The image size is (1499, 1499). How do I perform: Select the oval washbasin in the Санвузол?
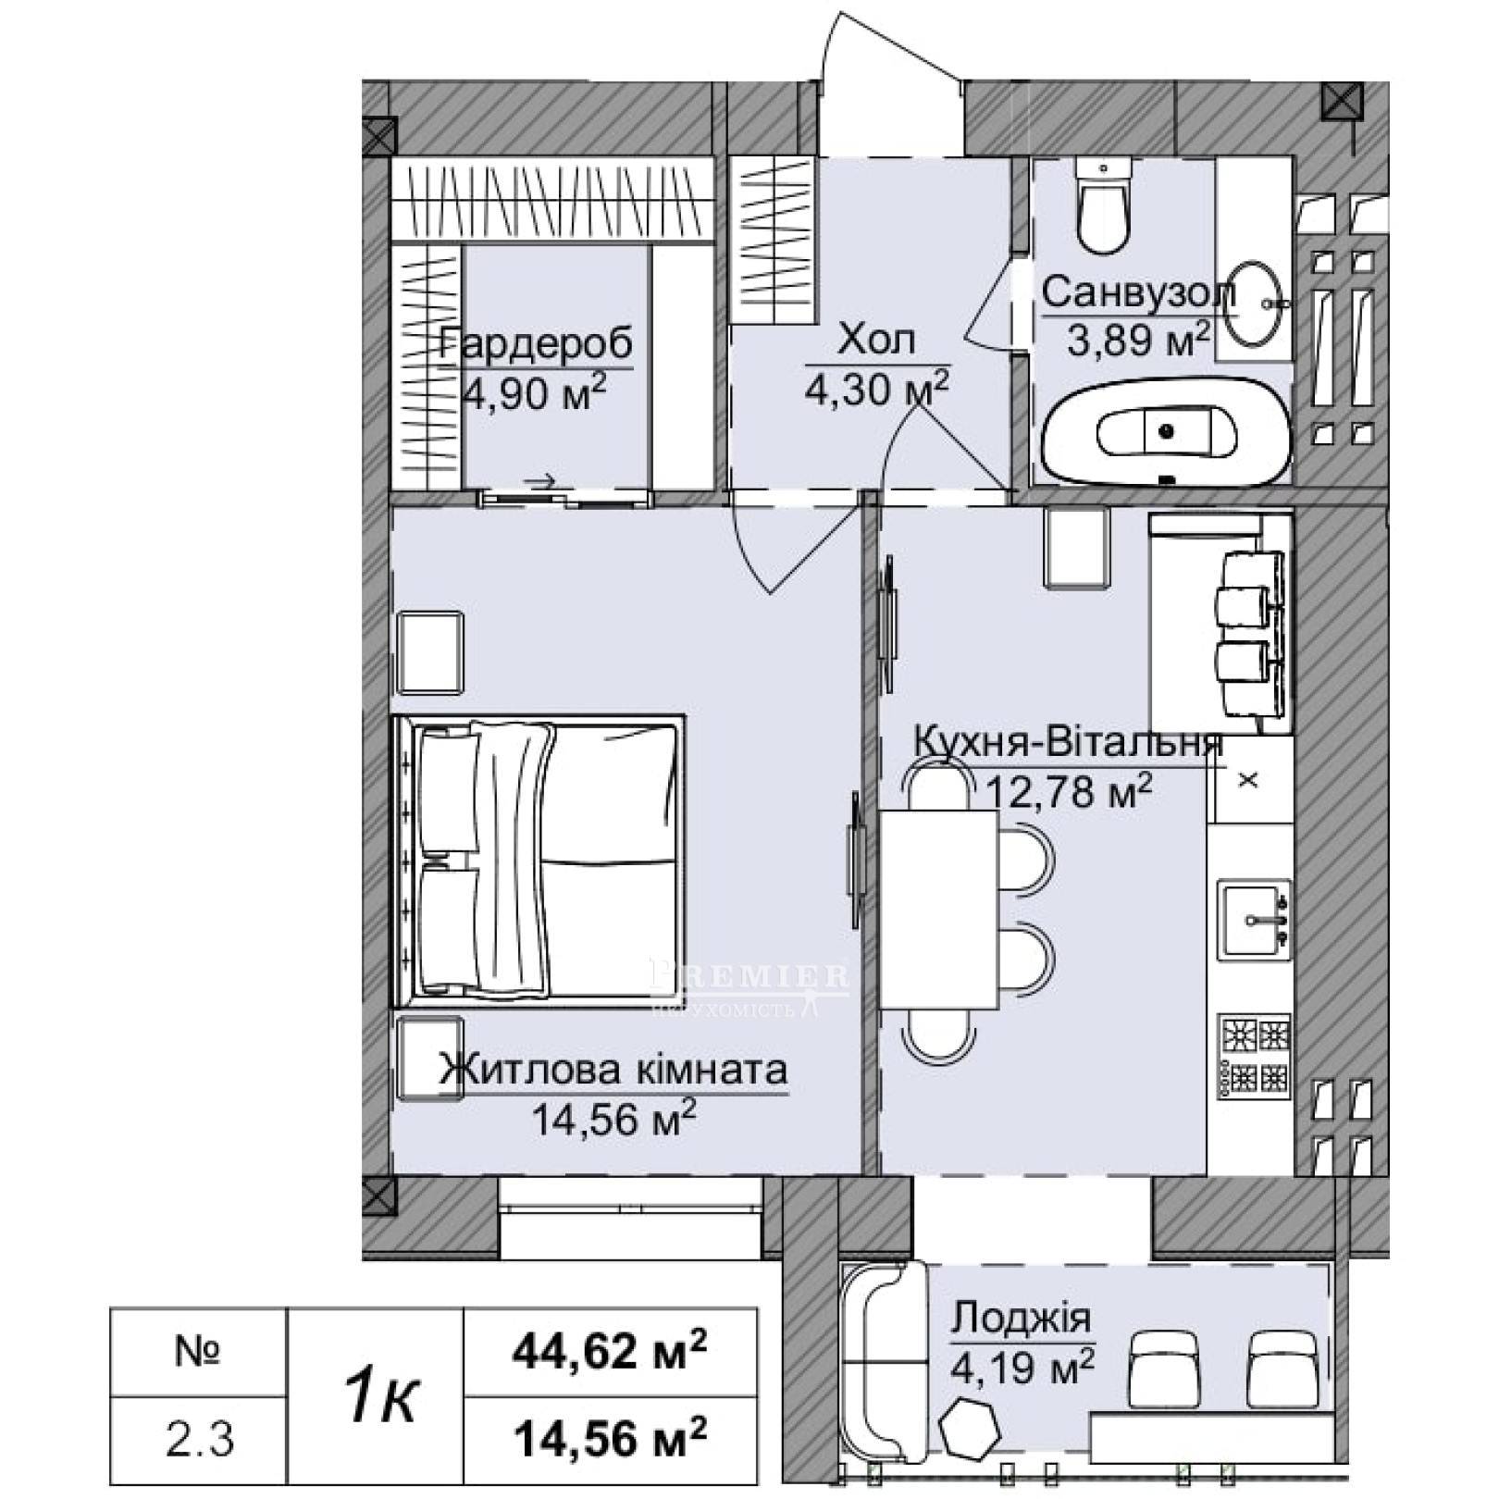(x=1256, y=303)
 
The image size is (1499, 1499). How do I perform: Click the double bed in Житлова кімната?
(x=539, y=861)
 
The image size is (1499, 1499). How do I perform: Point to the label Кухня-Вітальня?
(x=1069, y=743)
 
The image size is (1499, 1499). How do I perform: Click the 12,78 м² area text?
(x=1071, y=791)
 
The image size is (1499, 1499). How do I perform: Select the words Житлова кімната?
(x=613, y=1071)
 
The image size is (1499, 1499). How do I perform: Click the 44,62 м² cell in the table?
(x=610, y=1353)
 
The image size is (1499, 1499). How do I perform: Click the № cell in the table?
(x=199, y=1353)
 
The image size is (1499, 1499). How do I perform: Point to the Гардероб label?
(x=537, y=344)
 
